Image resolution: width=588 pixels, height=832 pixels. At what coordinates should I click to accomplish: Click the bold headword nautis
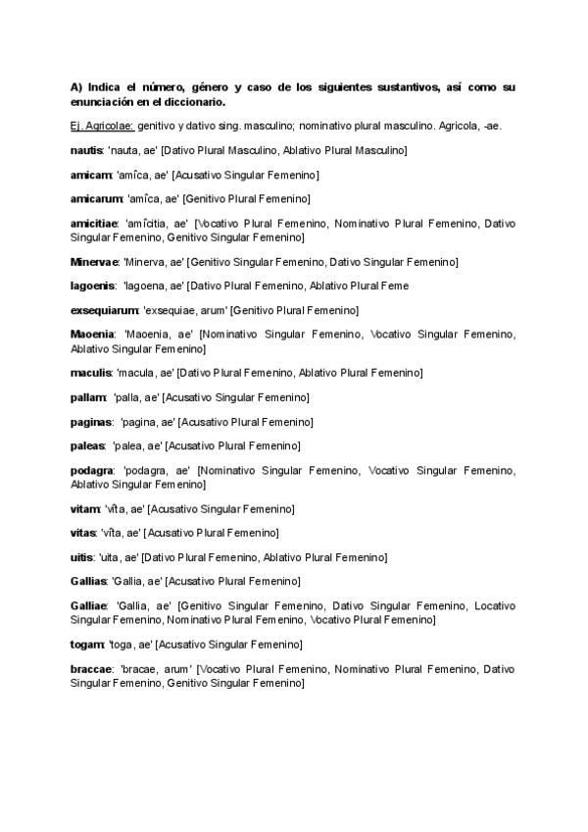(86, 150)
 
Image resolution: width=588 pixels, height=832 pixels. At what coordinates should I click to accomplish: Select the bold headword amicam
(89, 175)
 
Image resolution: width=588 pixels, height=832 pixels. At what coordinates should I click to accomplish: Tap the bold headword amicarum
(95, 198)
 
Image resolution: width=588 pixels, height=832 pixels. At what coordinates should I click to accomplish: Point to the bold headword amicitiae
(94, 223)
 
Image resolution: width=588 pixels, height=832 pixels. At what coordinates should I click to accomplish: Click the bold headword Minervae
(94, 262)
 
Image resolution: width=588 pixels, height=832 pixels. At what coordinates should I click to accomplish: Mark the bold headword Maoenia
(92, 335)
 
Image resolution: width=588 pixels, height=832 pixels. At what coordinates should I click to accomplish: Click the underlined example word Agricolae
(110, 126)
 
